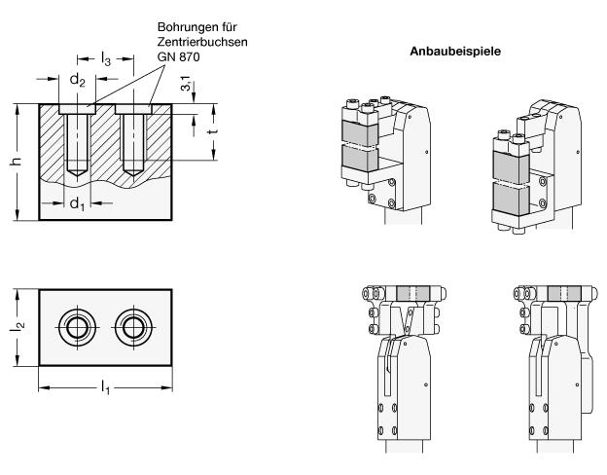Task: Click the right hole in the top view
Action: pos(130,326)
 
